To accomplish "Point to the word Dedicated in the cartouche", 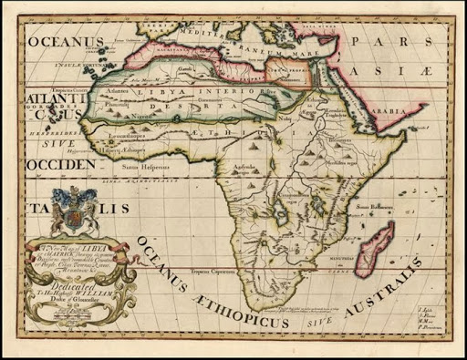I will point(68,283).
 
